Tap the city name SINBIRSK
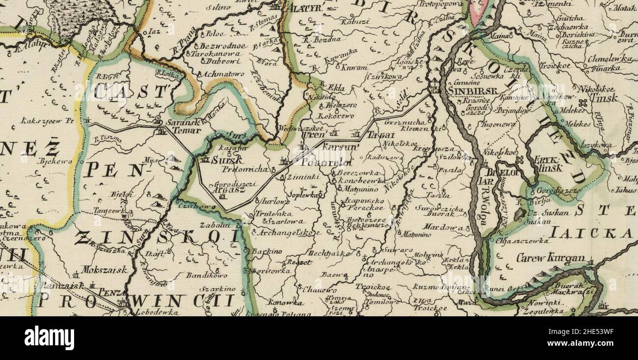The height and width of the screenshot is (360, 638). pyautogui.click(x=473, y=90)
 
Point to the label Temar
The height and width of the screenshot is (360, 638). pyautogui.click(x=186, y=131)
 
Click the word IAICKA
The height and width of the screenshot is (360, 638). pyautogui.click(x=590, y=233)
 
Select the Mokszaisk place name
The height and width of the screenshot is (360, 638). pyautogui.click(x=105, y=270)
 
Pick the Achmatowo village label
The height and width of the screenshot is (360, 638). pyautogui.click(x=214, y=74)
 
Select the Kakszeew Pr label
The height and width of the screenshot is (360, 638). pyautogui.click(x=47, y=120)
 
